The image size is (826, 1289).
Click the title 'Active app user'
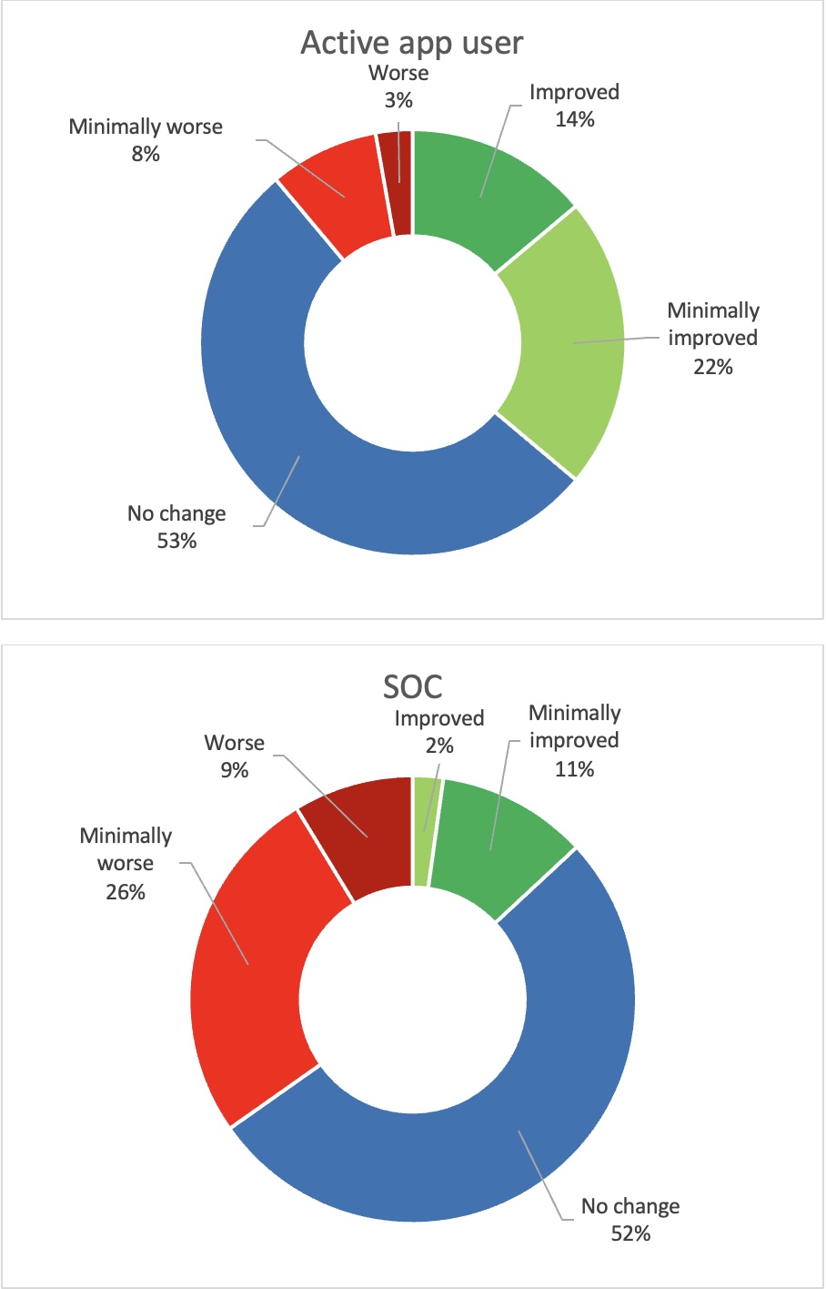[x=412, y=43]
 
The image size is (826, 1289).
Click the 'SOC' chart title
[x=412, y=686]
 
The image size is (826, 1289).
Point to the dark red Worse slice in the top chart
[x=400, y=182]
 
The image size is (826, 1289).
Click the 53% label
[x=176, y=541]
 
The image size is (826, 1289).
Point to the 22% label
[x=712, y=366]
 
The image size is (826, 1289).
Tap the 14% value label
[x=575, y=118]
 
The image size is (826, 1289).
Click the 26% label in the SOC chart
[x=126, y=891]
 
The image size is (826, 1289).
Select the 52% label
[x=630, y=1233]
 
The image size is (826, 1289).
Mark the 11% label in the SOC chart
[x=575, y=768]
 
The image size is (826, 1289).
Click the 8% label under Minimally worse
[x=146, y=154]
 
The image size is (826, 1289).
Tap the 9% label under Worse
[x=234, y=769]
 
